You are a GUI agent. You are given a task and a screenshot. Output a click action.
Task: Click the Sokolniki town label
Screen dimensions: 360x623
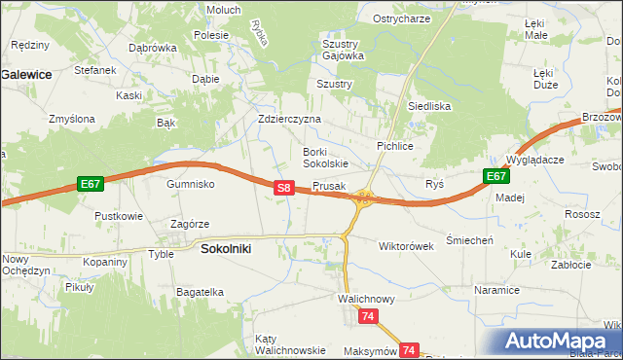click(x=225, y=249)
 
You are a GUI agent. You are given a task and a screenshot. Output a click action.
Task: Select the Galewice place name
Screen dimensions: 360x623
click(x=26, y=73)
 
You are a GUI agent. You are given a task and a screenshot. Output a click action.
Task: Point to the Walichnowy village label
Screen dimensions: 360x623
click(x=366, y=299)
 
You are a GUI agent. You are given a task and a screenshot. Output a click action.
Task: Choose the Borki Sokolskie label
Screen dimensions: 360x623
click(x=325, y=157)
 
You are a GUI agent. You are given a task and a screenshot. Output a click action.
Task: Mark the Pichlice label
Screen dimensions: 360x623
click(x=396, y=145)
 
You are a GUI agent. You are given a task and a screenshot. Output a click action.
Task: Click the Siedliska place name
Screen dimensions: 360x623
click(x=428, y=106)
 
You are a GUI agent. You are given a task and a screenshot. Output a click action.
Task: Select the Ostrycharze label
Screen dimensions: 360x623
click(x=402, y=18)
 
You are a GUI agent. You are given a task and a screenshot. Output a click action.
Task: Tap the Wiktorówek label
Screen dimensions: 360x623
click(x=406, y=246)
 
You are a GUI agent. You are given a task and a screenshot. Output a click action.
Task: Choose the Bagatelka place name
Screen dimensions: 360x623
click(x=201, y=291)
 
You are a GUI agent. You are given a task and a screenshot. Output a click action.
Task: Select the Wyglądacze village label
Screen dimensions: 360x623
click(x=534, y=159)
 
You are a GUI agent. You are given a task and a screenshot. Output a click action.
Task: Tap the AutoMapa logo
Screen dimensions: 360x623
click(x=559, y=341)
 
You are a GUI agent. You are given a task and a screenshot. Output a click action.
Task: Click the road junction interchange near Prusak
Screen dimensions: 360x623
click(x=363, y=198)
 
